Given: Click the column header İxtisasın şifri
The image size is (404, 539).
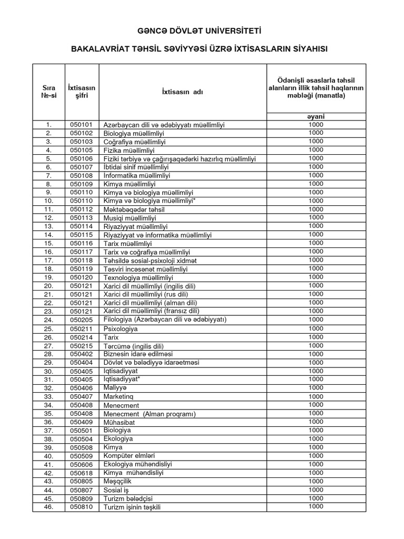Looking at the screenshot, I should coord(82,92).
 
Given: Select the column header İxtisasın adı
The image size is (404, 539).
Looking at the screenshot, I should coord(182,92).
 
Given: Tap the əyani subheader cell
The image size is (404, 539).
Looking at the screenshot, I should coord(316,116).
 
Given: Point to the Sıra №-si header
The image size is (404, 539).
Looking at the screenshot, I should coord(48,92).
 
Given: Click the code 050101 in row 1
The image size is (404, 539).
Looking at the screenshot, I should coord(82,125).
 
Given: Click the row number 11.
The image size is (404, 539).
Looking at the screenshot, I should coord(48,209).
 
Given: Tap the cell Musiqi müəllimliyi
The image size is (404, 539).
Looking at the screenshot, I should coord(129,218).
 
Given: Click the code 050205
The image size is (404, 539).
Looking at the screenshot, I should coord(82,320).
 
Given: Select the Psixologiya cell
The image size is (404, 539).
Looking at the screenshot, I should coord(120,329).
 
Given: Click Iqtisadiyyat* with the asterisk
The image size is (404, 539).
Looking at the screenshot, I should coord(122,380).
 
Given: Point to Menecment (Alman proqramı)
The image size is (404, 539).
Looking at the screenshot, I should coord(149,414).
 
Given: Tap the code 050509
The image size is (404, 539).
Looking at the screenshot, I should coord(82,456).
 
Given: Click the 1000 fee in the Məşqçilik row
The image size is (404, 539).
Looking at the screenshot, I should coord(316,481).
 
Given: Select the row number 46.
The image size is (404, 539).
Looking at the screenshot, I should coord(48,507).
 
